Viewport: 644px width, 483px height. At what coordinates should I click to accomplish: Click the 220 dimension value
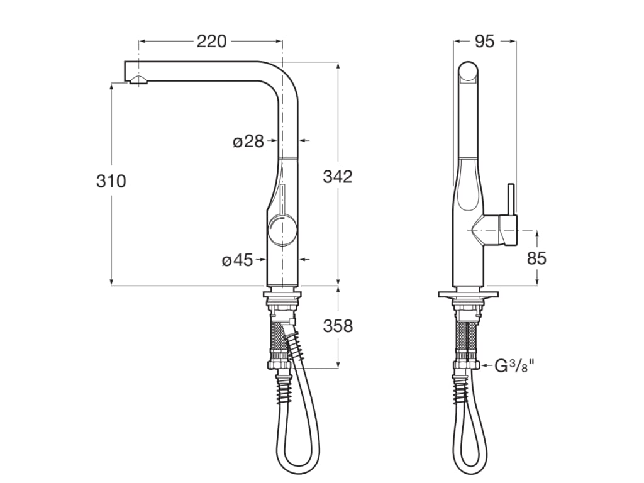coord(211,42)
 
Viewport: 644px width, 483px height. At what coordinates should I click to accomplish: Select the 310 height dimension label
coord(111,181)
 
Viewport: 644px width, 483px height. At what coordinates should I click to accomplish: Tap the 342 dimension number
coord(338,177)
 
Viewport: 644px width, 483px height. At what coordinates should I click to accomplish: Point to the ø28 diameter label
coord(248,142)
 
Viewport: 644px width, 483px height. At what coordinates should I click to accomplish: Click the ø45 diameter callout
coord(237,260)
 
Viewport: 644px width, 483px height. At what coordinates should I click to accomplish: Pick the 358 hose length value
coord(338,326)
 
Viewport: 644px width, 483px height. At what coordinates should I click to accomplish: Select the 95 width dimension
coord(484,42)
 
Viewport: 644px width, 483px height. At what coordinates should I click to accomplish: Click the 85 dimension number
coord(536,258)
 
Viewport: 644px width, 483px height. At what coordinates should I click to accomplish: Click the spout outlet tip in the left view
coord(137,79)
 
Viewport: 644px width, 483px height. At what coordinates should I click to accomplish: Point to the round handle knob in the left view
coord(280,231)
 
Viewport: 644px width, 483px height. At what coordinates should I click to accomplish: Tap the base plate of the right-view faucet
coord(469,294)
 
